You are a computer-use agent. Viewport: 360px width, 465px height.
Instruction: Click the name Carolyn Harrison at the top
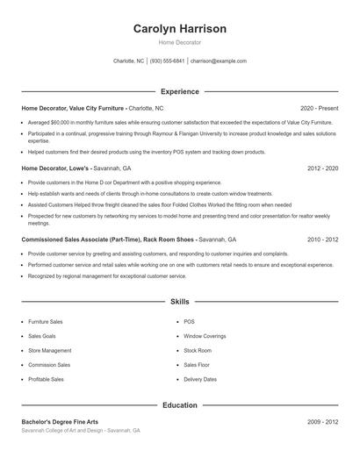coord(179,29)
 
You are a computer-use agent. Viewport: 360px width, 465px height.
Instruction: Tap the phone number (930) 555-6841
coord(167,61)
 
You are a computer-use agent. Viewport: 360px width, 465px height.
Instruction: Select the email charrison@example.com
coord(219,61)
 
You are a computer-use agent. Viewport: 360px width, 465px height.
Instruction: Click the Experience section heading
coord(179,91)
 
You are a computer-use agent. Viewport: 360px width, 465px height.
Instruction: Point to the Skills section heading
coord(179,301)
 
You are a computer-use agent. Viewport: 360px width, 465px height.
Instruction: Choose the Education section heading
coord(179,405)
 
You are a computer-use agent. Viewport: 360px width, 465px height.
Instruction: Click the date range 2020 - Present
coord(319,108)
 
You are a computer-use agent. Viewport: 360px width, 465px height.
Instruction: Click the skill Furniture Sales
coord(46,322)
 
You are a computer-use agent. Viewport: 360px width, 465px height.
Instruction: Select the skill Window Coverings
coord(205,336)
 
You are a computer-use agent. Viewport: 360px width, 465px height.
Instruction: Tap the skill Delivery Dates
coord(200,379)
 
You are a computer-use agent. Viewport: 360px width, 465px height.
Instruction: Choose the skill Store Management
coord(50,350)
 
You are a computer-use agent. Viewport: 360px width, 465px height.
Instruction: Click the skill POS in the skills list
coord(189,322)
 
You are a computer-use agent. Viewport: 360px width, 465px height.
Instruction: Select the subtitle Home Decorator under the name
coord(179,42)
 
